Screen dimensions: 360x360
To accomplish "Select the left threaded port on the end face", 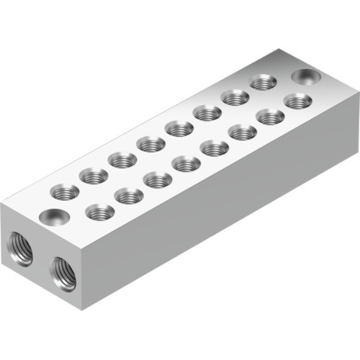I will [x=20, y=248].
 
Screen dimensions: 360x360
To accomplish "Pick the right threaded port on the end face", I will [x=64, y=273].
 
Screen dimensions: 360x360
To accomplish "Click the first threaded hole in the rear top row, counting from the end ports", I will [x=65, y=191].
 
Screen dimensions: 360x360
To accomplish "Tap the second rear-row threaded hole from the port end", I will [x=94, y=175].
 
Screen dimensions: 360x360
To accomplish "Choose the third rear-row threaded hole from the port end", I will [x=122, y=159].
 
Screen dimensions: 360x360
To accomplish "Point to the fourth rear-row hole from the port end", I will [x=151, y=144].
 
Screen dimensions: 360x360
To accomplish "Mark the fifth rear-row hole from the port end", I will [x=179, y=128].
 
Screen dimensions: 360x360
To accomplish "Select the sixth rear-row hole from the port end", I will [x=207, y=112].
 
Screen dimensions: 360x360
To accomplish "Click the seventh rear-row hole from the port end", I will [x=235, y=97].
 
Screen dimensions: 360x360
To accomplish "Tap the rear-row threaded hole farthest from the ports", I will [x=263, y=83].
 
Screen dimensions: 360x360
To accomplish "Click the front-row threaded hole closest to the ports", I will [x=99, y=212].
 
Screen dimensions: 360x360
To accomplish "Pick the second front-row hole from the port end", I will [x=129, y=196].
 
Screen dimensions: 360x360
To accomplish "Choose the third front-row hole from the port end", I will [x=158, y=180].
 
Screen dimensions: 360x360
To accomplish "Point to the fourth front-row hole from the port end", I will [x=186, y=164].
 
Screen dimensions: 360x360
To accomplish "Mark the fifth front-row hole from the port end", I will [x=215, y=148].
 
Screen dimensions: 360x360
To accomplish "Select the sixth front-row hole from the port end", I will [x=243, y=132].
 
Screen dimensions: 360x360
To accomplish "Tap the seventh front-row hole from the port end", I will [x=270, y=116].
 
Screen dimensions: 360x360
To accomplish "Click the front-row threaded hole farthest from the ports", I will [x=297, y=101].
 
